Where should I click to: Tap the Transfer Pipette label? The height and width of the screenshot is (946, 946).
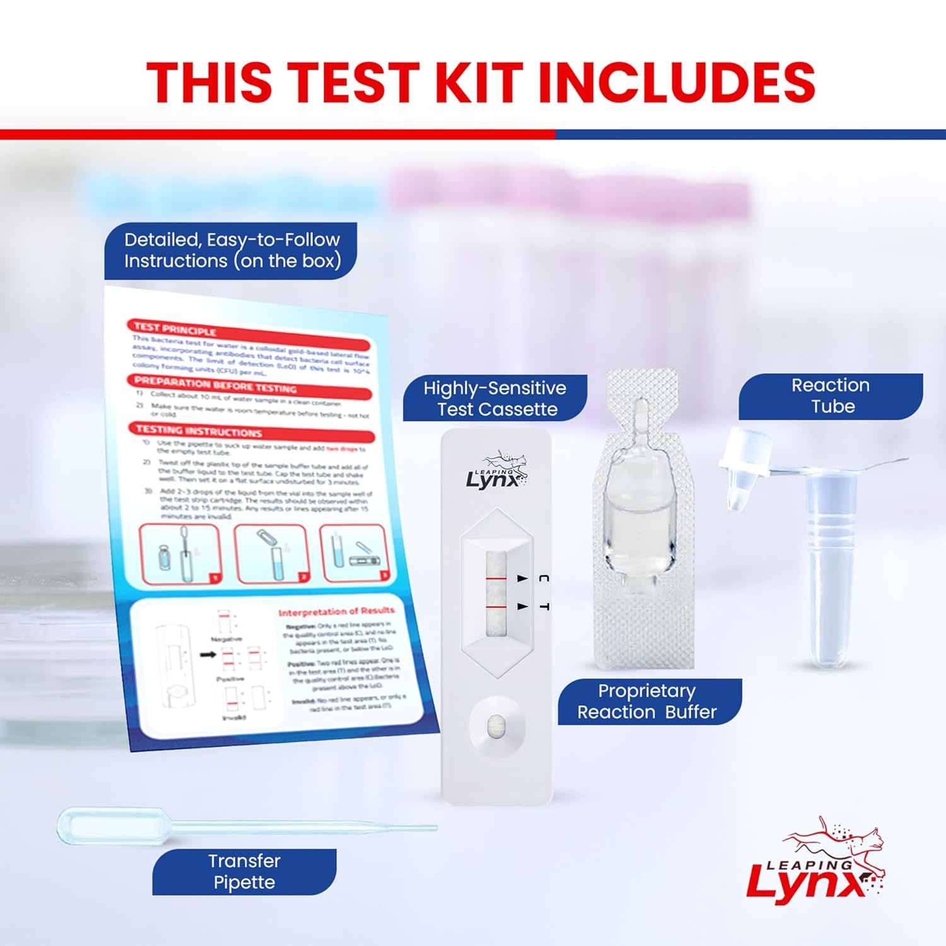pos(244,872)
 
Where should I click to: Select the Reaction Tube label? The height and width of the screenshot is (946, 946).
pos(831,396)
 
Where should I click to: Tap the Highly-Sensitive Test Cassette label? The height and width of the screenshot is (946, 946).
pos(495,398)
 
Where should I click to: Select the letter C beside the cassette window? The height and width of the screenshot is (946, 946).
pos(544,578)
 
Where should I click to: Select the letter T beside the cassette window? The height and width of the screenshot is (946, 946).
pos(544,606)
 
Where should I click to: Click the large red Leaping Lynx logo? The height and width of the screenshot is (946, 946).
pos(817,864)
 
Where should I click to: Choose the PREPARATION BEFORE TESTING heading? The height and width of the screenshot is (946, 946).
pos(214,384)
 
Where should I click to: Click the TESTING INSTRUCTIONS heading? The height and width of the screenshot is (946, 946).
pos(199,431)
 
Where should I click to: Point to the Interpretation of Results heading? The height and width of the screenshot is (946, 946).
pos(336,611)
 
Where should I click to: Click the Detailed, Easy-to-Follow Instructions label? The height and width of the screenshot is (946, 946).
pos(231,250)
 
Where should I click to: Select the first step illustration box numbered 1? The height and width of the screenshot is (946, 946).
pos(180,554)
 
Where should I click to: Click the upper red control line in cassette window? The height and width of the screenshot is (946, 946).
pos(496,577)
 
